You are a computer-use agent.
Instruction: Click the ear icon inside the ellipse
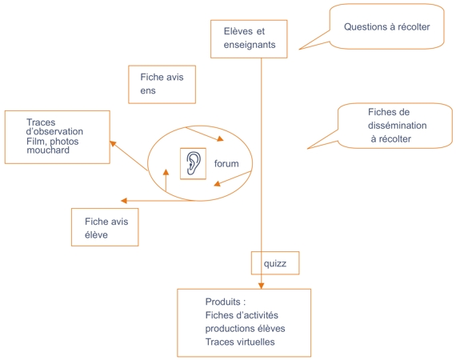pyautogui.click(x=194, y=163)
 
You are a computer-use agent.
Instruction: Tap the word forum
pyautogui.click(x=226, y=164)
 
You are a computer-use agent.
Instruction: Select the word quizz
pyautogui.click(x=275, y=263)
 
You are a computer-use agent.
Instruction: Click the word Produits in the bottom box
pyautogui.click(x=222, y=302)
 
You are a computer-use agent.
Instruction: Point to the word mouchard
pyautogui.click(x=48, y=150)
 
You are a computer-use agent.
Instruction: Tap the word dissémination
pyautogui.click(x=398, y=126)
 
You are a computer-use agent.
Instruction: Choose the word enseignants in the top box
pyautogui.click(x=250, y=45)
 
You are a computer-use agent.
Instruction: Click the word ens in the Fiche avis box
pyautogui.click(x=148, y=90)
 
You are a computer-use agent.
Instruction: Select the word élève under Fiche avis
pyautogui.click(x=96, y=234)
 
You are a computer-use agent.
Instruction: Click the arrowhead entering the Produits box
pyautogui.click(x=261, y=286)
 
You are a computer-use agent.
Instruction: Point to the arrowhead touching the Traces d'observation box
pyautogui.click(x=113, y=143)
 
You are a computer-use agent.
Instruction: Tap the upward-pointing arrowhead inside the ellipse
pyautogui.click(x=166, y=172)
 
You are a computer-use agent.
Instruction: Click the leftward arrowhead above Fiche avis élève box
pyautogui.click(x=124, y=201)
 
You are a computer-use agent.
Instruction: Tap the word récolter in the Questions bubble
pyautogui.click(x=414, y=26)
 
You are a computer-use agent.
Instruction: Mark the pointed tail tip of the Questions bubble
pyautogui.click(x=299, y=50)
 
